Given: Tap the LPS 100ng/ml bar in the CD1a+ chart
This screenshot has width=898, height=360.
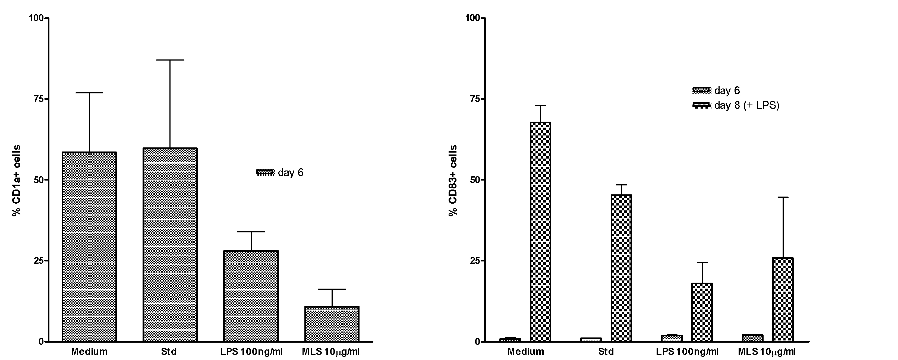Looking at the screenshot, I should [251, 296].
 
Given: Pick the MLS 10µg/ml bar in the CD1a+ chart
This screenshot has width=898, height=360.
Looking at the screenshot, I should [332, 324].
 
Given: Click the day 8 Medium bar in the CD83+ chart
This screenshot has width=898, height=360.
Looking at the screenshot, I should [540, 232].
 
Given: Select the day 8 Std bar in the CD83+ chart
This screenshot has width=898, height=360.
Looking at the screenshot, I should [621, 268].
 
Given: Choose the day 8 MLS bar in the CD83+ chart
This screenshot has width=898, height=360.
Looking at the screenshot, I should [783, 299].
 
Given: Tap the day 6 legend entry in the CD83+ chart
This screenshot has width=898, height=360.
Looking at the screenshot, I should [716, 91].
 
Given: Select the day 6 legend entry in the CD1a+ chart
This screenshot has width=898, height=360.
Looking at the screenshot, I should [280, 172].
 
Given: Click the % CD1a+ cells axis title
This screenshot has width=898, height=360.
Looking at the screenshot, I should [16, 180].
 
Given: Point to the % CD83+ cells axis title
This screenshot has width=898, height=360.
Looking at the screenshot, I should [452, 180].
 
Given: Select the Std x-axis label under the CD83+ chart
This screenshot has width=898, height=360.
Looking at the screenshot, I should [606, 352].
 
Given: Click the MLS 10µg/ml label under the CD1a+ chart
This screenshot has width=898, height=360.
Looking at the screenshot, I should [330, 352].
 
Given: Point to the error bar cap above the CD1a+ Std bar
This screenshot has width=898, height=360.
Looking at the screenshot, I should [170, 60].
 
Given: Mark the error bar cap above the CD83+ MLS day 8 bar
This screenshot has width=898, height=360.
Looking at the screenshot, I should [783, 197].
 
